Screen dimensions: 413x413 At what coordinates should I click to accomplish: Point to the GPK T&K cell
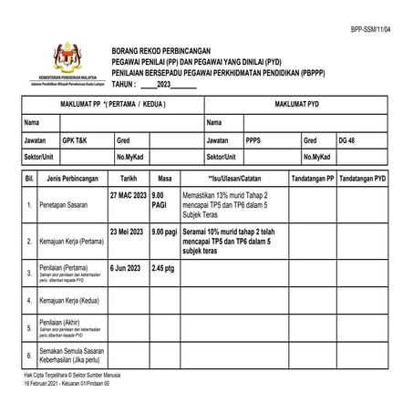[75, 140]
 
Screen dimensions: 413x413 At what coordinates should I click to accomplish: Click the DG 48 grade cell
[346, 140]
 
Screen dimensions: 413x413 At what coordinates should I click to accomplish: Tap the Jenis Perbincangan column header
[69, 180]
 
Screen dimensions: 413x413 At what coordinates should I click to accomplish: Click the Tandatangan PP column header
[313, 180]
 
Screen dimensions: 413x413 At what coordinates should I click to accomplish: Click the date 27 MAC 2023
[128, 196]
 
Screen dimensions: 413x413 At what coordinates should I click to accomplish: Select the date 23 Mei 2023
[127, 232]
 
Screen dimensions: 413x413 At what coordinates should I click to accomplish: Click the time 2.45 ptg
[163, 269]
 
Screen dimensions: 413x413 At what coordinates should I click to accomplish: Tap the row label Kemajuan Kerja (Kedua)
[68, 300]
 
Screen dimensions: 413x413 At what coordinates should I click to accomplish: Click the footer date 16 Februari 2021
[48, 385]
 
